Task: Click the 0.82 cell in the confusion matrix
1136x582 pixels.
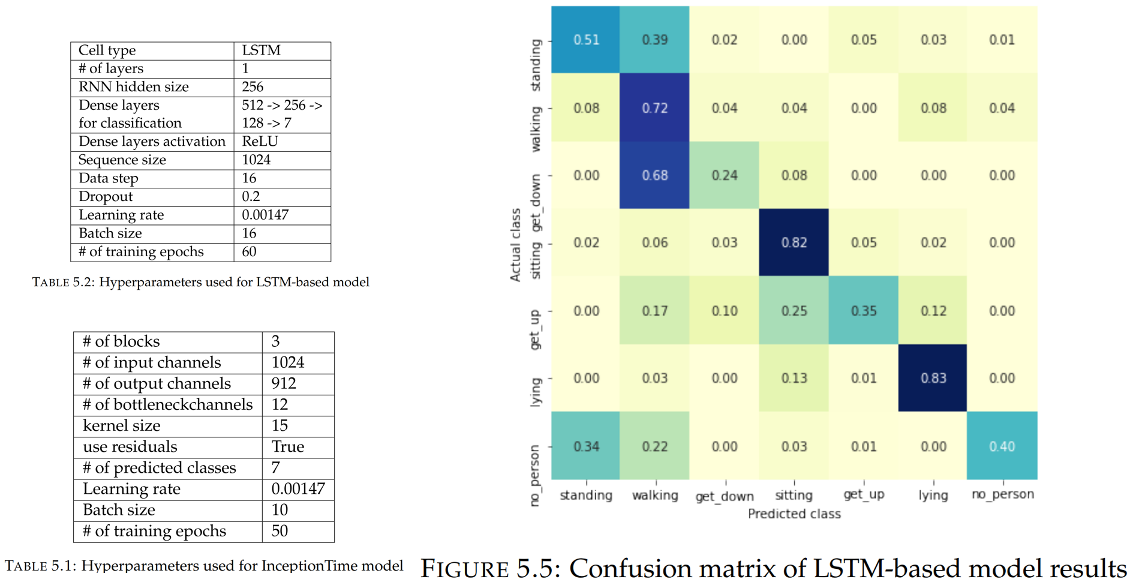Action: point(794,242)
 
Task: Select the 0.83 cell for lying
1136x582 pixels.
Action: point(933,378)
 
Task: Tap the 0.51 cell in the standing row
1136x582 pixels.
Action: point(585,40)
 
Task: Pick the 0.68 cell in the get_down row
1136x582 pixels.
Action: point(654,175)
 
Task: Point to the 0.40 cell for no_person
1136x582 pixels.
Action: point(1002,446)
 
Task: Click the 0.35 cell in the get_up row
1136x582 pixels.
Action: point(863,311)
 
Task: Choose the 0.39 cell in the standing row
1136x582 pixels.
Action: point(654,40)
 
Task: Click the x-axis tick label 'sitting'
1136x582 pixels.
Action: point(794,495)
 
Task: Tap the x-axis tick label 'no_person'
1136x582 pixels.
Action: point(1002,494)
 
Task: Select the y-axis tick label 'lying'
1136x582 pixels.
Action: point(536,392)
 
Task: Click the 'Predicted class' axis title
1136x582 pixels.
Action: point(794,514)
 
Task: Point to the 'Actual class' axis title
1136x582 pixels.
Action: point(515,244)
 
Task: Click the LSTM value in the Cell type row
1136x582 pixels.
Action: point(261,50)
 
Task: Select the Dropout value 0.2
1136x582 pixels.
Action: point(251,197)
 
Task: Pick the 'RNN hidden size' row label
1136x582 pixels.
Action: point(133,87)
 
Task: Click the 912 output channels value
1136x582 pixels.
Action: point(284,383)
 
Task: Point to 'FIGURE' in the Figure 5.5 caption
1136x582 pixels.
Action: point(464,568)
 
